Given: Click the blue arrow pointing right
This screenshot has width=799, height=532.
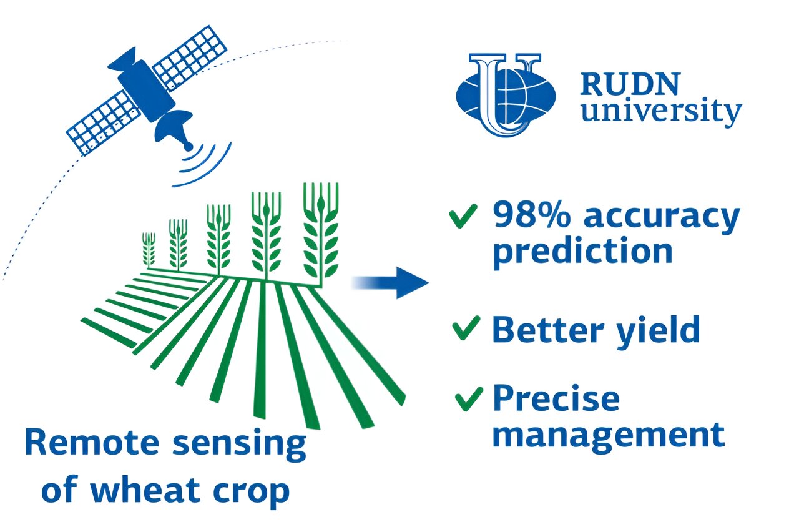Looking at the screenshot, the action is pyautogui.click(x=391, y=283).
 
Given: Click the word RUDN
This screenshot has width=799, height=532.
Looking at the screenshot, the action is pyautogui.click(x=630, y=84).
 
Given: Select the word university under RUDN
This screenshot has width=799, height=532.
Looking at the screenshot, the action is pyautogui.click(x=661, y=111).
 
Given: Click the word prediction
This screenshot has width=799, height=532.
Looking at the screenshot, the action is pyautogui.click(x=582, y=252).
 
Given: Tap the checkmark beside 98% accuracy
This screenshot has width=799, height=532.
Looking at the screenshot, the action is pyautogui.click(x=463, y=216).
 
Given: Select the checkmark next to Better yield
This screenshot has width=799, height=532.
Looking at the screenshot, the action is pyautogui.click(x=466, y=328).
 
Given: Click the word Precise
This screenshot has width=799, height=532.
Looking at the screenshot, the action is pyautogui.click(x=556, y=399).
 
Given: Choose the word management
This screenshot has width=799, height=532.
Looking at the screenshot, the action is pyautogui.click(x=609, y=436).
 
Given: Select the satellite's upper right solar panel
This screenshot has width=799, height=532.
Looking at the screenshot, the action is pyautogui.click(x=189, y=58).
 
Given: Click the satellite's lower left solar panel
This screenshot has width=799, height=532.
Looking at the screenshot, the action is pyautogui.click(x=104, y=123).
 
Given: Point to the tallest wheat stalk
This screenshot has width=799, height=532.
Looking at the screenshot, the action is pyautogui.click(x=321, y=235).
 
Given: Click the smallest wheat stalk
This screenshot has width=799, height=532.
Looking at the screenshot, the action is pyautogui.click(x=149, y=250).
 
